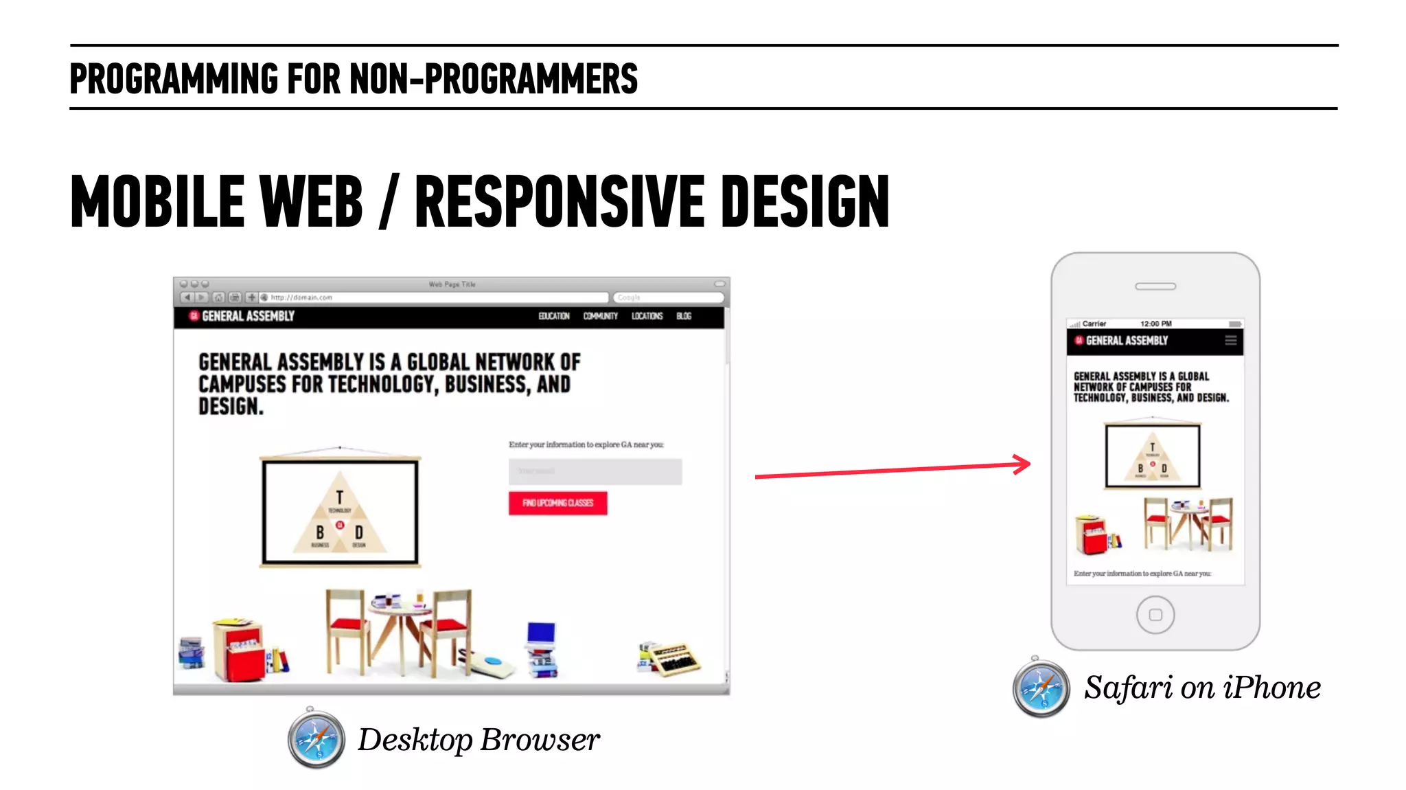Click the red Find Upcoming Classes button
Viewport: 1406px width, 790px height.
[x=557, y=503]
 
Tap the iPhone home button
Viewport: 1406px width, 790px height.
[x=1155, y=615]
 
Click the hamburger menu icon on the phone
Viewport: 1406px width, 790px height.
[x=1230, y=341]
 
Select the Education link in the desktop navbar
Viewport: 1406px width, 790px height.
[x=554, y=316]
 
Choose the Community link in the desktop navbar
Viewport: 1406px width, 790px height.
[x=601, y=316]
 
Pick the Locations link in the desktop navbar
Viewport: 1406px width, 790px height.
[x=647, y=316]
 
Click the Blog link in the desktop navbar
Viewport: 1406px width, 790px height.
[x=684, y=316]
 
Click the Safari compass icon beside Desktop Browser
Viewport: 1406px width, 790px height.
[x=316, y=740]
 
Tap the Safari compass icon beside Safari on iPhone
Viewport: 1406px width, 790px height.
[x=1041, y=688]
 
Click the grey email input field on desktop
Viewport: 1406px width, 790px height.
[x=595, y=472]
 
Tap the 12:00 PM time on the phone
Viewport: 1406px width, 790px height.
[x=1156, y=324]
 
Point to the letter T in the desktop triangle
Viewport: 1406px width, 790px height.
[x=339, y=497]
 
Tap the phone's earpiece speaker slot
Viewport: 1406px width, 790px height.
[x=1155, y=286]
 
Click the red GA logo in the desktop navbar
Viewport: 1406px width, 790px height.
[x=194, y=316]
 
